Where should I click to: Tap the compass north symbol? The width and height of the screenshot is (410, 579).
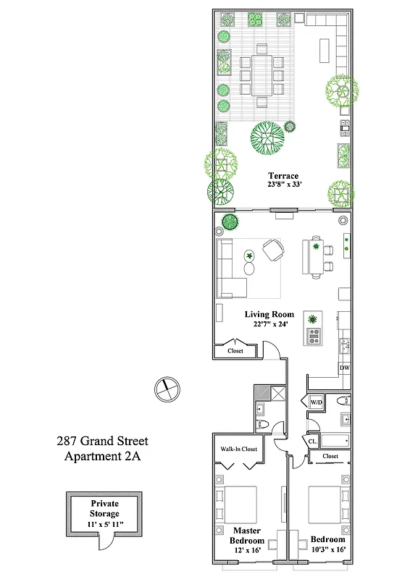pyautogui.click(x=166, y=388)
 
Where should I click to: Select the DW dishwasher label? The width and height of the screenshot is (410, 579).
pyautogui.click(x=345, y=368)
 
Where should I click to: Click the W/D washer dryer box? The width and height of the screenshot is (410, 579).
pyautogui.click(x=316, y=402)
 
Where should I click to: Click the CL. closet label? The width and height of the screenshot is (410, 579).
pyautogui.click(x=313, y=441)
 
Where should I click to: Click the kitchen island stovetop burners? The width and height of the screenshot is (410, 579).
pyautogui.click(x=315, y=336)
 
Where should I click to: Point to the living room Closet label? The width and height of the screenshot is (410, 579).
pyautogui.click(x=235, y=351)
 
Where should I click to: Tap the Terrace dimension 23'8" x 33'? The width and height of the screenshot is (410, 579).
pyautogui.click(x=283, y=185)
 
